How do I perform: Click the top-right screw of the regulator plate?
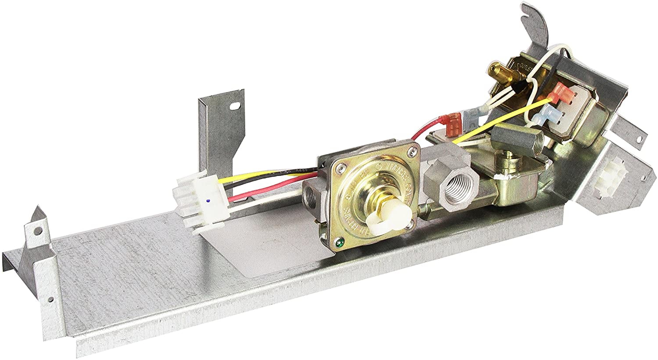[410, 151]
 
